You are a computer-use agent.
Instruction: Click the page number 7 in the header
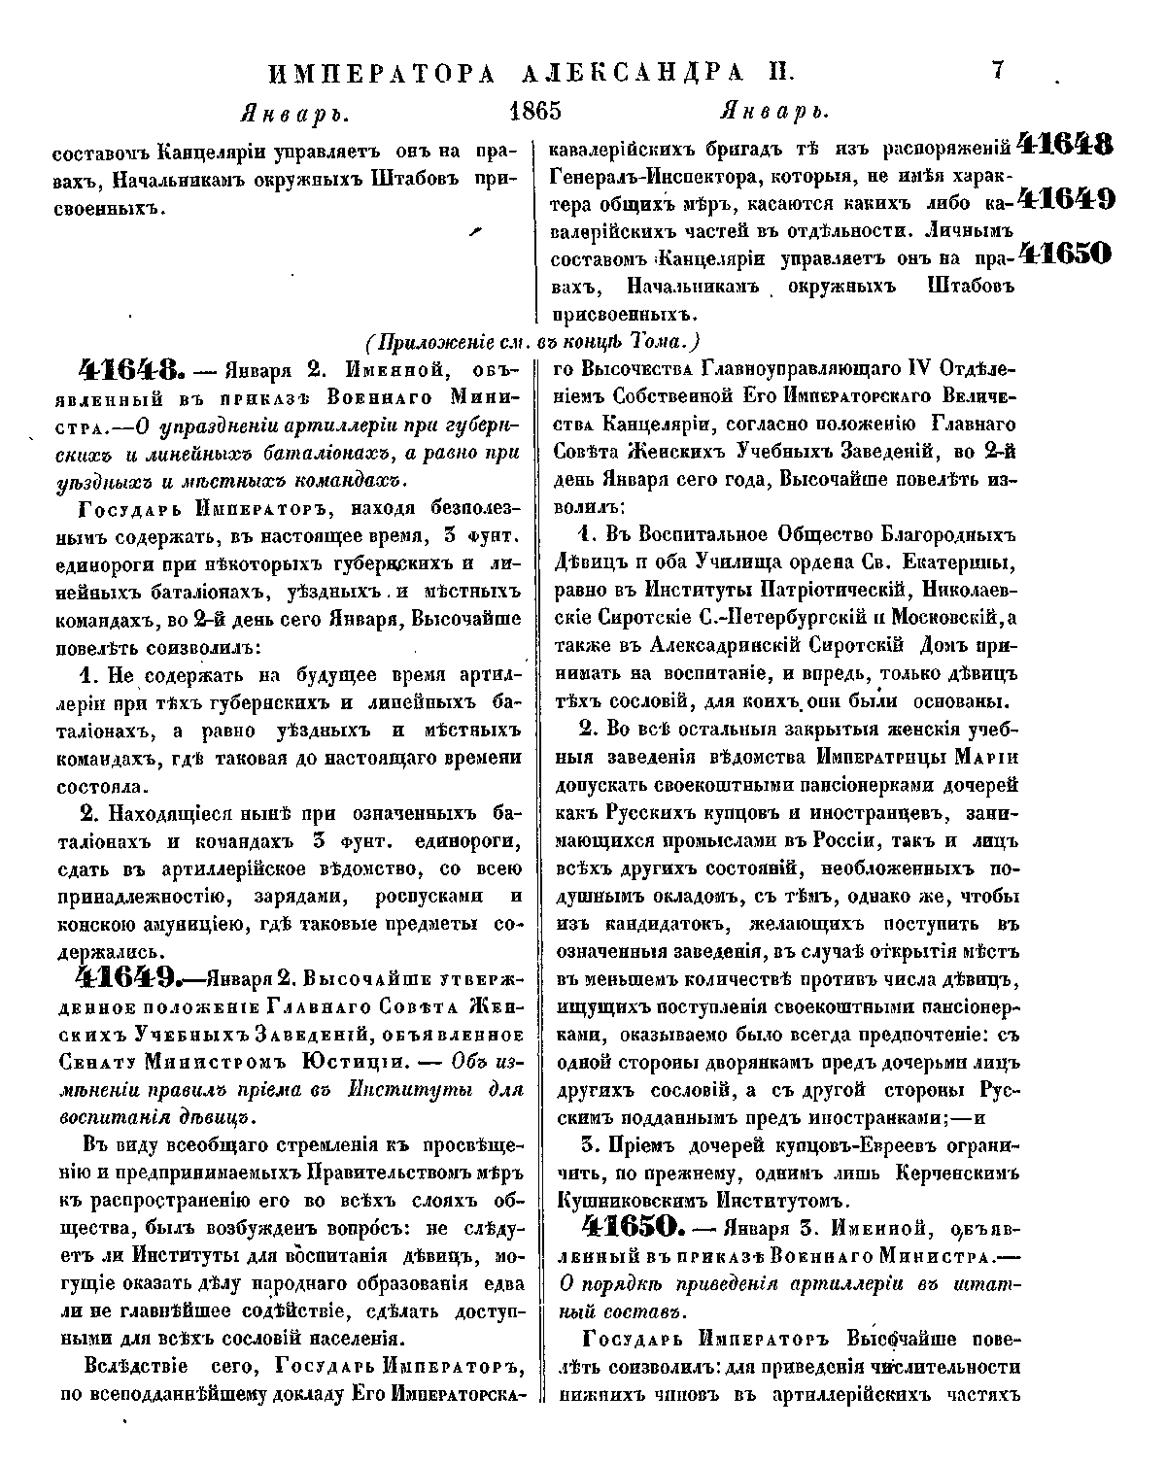click(998, 69)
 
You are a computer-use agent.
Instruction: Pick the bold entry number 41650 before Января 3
click(627, 1228)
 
